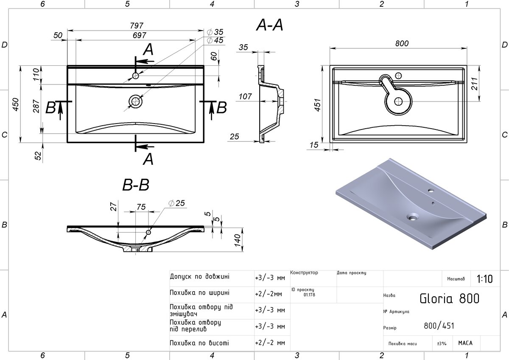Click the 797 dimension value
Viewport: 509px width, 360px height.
tap(137, 25)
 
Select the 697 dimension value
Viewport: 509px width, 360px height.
tap(139, 35)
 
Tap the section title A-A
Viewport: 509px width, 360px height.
tap(270, 25)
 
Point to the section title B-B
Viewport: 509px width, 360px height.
tap(136, 185)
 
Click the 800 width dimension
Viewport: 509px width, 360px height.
tap(402, 43)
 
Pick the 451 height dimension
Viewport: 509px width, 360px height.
tap(318, 105)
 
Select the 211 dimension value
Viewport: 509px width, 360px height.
tap(475, 84)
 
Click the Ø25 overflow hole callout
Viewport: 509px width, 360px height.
tap(176, 203)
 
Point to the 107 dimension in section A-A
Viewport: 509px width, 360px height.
tap(245, 96)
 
